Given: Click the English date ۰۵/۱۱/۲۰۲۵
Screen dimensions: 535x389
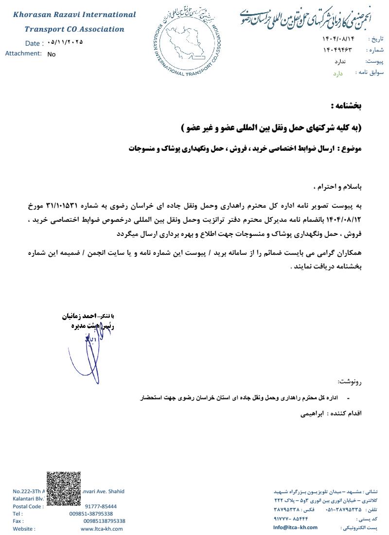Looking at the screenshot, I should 66,42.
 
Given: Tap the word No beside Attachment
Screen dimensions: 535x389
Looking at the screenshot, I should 52,54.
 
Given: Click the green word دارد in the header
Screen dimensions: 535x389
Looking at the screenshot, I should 338,73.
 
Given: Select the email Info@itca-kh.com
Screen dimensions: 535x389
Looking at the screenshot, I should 295,527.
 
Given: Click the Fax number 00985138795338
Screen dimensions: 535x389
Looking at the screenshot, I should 104,521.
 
